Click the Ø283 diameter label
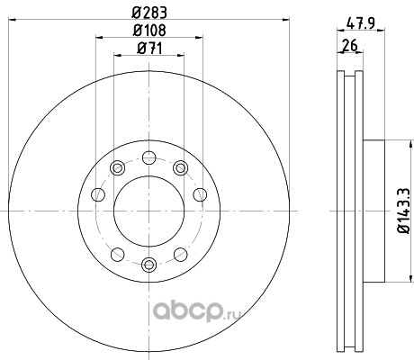149,13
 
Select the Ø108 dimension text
149,30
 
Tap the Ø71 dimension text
149,49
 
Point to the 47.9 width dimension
361,23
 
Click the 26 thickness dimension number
350,45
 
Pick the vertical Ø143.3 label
403,211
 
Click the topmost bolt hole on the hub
148,157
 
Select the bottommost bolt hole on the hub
148,265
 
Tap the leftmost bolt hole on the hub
98,194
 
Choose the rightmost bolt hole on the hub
200,194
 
